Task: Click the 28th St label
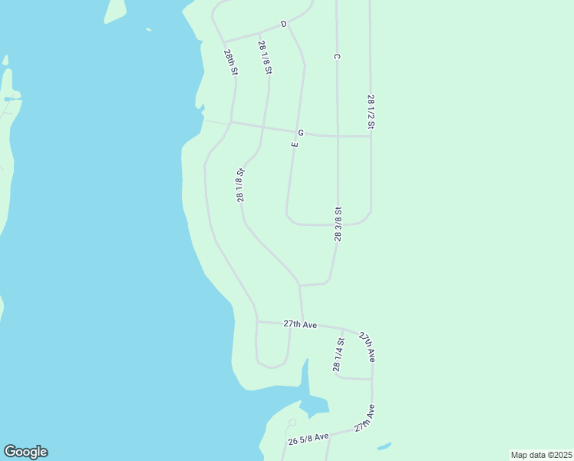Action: pyautogui.click(x=231, y=62)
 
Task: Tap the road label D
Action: pyautogui.click(x=283, y=25)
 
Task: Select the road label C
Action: pyautogui.click(x=337, y=56)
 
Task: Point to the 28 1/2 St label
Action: pyautogui.click(x=371, y=111)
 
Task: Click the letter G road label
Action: pyautogui.click(x=301, y=133)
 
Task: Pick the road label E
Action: pyautogui.click(x=295, y=144)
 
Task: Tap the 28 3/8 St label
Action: pyautogui.click(x=338, y=224)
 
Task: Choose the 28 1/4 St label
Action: pyautogui.click(x=338, y=354)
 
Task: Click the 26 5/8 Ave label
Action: pyautogui.click(x=308, y=439)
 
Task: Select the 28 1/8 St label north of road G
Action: pyautogui.click(x=266, y=58)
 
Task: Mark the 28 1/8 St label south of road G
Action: pyautogui.click(x=241, y=185)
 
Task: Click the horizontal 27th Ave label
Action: pyautogui.click(x=300, y=325)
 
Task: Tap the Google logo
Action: pyautogui.click(x=25, y=452)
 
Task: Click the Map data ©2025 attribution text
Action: pyautogui.click(x=541, y=455)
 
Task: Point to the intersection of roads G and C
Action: pyautogui.click(x=338, y=136)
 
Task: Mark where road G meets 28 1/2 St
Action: pyautogui.click(x=371, y=136)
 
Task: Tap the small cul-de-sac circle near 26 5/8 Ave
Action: pyautogui.click(x=292, y=423)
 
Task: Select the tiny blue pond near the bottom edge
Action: pyautogui.click(x=384, y=446)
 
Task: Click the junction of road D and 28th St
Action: pyautogui.click(x=223, y=41)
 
